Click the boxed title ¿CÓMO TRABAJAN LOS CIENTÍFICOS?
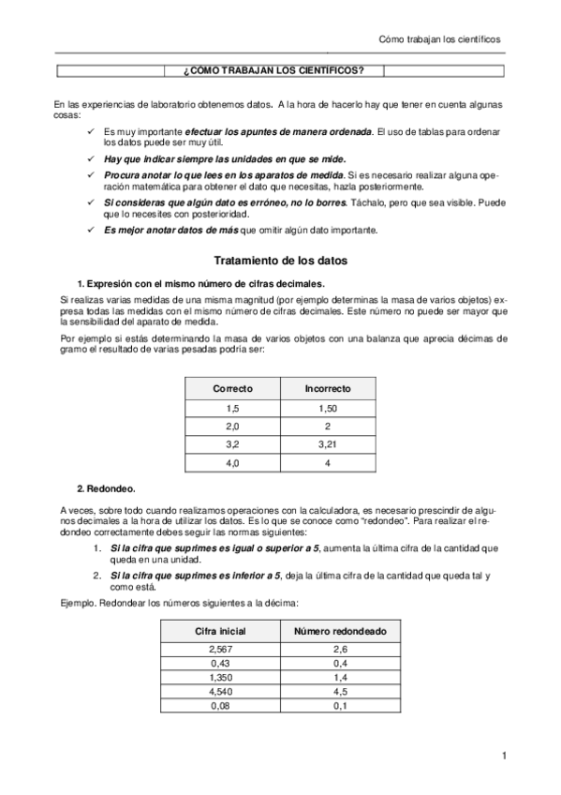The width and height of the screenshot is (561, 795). (280, 71)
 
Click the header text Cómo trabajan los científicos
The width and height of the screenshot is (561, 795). (439, 39)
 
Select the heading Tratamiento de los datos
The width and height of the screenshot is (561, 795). (280, 260)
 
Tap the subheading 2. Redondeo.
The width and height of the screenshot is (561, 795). (106, 487)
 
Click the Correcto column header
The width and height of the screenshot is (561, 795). (232, 387)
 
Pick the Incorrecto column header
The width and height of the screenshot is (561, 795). (328, 387)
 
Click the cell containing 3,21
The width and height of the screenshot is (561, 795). (328, 443)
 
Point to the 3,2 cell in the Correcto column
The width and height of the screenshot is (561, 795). (232, 443)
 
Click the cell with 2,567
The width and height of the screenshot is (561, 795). (220, 649)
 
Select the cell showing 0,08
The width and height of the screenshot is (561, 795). (220, 705)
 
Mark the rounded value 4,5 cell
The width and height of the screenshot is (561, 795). (334, 691)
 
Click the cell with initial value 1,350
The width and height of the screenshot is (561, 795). (220, 677)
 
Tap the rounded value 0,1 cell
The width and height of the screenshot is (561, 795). (334, 705)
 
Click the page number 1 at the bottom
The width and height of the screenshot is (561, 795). (504, 756)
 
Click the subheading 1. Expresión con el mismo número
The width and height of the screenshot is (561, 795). (201, 283)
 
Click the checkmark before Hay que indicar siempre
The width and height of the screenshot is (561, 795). (90, 159)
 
